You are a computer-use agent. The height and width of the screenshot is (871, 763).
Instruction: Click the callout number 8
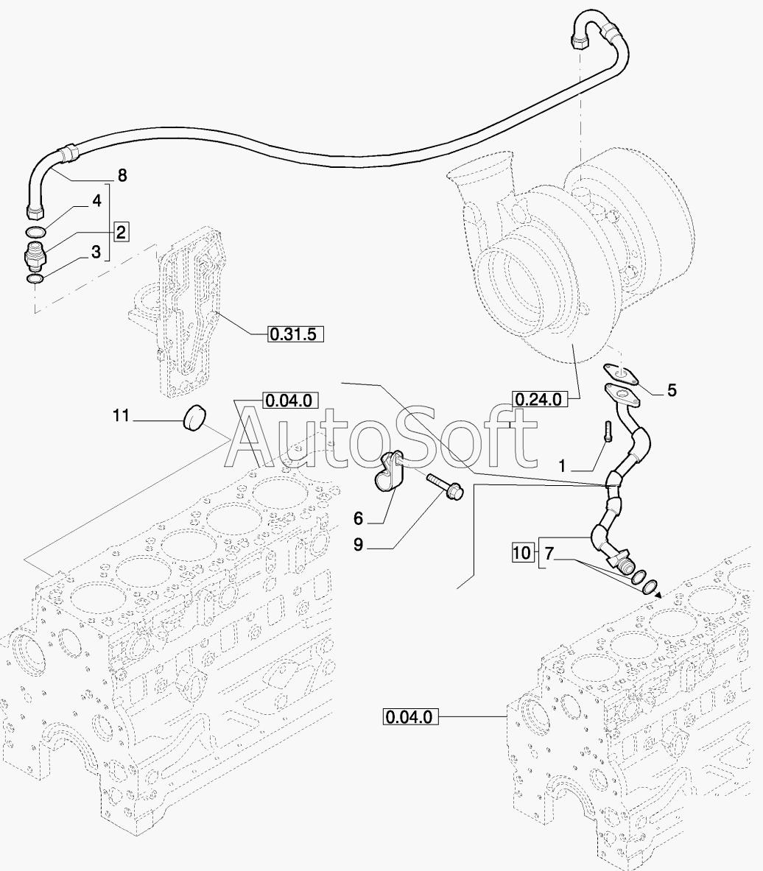click(122, 175)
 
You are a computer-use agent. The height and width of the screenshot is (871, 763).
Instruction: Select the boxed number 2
click(121, 231)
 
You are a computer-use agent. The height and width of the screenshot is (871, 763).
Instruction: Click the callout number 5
click(672, 390)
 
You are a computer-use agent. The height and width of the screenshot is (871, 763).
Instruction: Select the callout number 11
click(121, 415)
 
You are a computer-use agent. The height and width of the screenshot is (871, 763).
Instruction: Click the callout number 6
click(358, 518)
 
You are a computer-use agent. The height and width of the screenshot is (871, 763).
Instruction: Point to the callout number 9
click(358, 545)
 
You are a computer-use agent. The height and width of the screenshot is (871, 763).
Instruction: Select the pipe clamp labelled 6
click(393, 473)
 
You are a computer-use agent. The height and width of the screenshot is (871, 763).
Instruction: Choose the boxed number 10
click(522, 553)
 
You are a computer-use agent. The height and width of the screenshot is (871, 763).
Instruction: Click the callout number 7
click(549, 553)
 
